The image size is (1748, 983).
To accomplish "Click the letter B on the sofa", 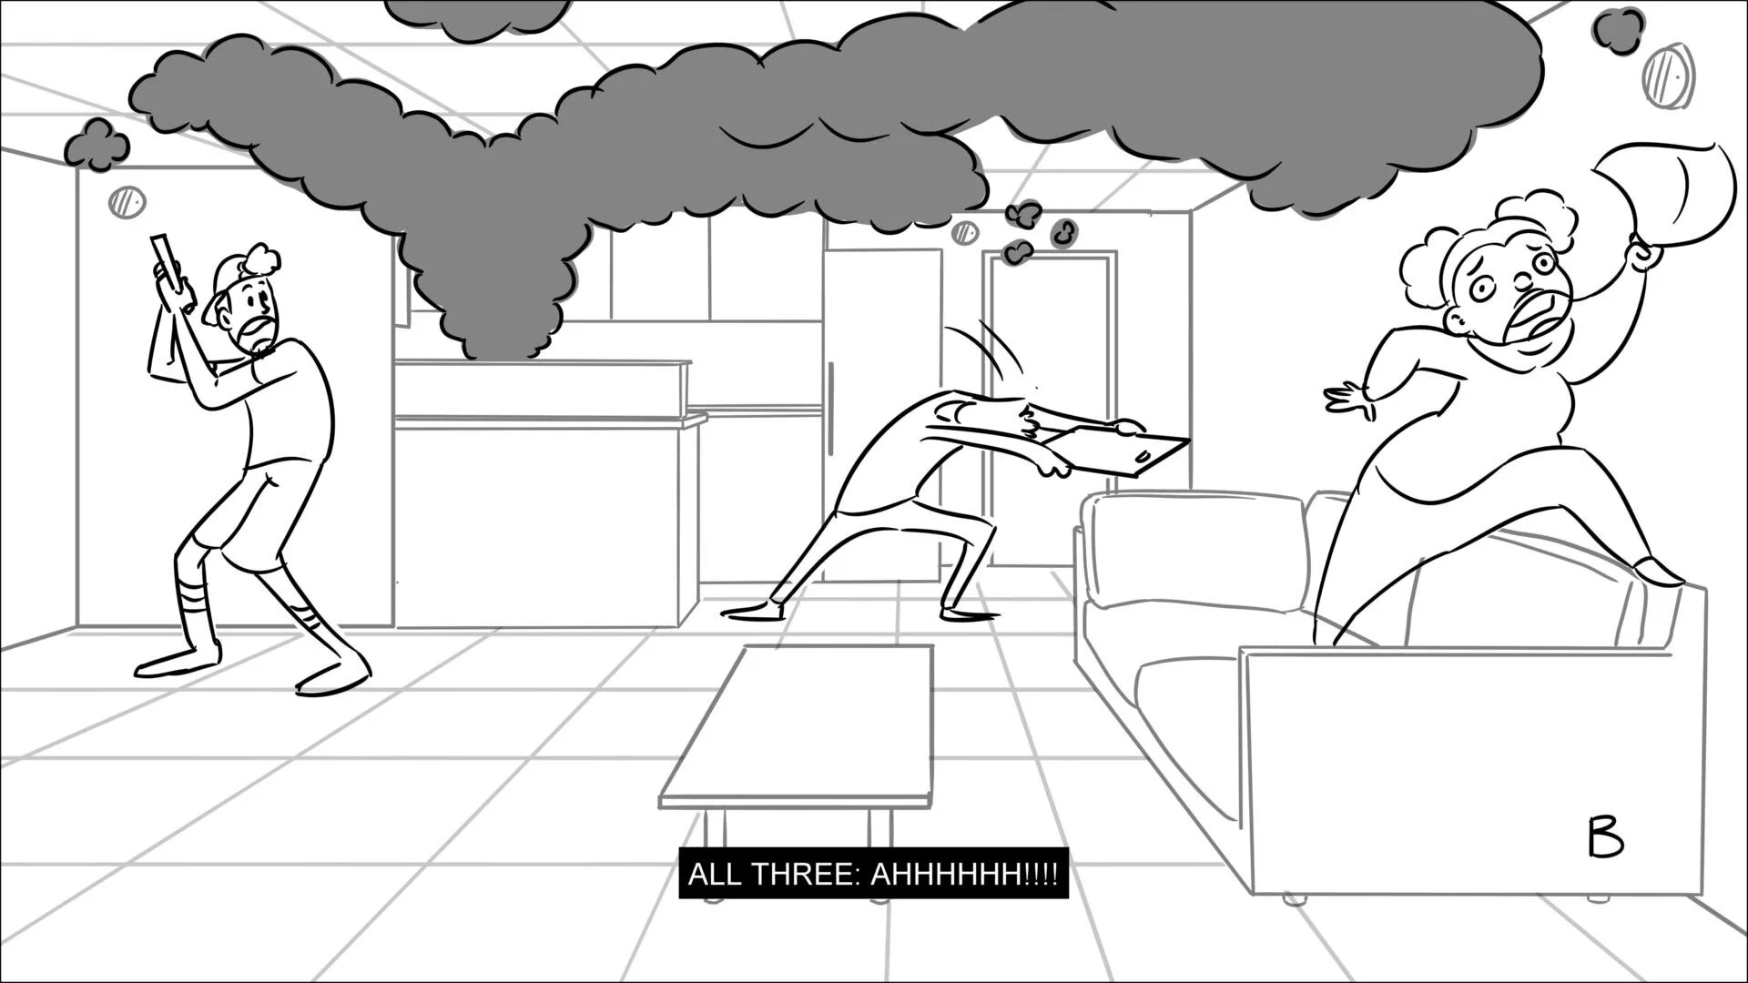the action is tap(1605, 837).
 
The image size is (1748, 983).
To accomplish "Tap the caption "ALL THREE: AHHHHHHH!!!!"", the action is tap(873, 875).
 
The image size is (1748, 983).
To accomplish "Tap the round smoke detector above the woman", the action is tap(1670, 75).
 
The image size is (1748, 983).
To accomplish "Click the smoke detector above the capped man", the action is tap(127, 202).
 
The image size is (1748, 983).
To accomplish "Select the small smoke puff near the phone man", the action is tap(97, 144).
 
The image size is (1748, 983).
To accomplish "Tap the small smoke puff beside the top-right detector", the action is tap(1618, 29).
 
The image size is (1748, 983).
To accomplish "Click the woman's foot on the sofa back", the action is tap(1657, 573).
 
